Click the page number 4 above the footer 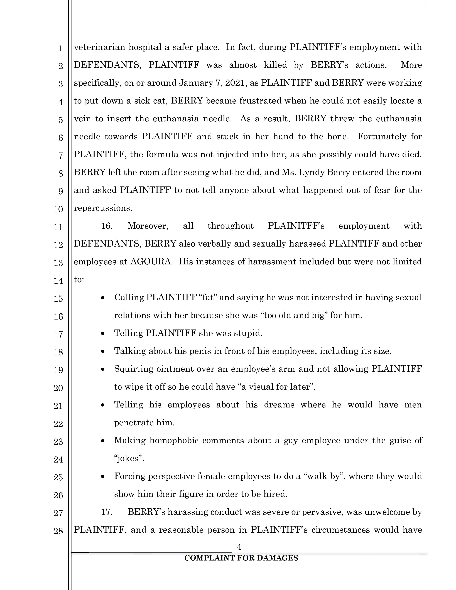[239, 547]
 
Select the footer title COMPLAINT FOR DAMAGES [241, 558]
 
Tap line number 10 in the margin [58, 209]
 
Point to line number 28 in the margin [58, 531]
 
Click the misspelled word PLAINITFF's [296, 226]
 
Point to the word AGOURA [151, 262]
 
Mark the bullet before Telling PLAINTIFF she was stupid [103, 334]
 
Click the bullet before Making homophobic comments [103, 441]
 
